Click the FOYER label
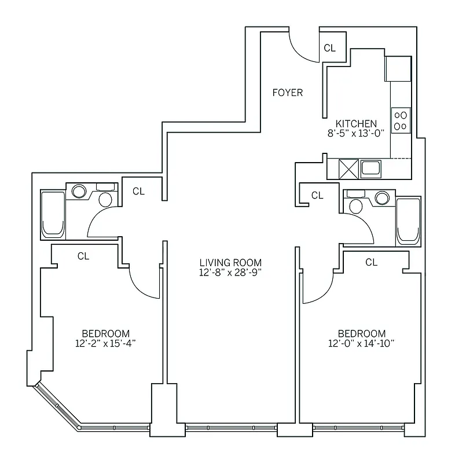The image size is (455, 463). tap(288, 93)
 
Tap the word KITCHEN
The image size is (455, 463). tap(357, 123)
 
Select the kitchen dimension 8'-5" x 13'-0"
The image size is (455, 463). tap(357, 133)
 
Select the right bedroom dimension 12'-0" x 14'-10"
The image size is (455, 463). tap(361, 343)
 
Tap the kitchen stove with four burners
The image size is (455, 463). tap(400, 120)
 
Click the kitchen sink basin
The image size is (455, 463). tap(370, 168)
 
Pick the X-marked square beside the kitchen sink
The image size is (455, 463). tap(348, 169)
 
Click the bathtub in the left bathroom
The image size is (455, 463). tap(53, 214)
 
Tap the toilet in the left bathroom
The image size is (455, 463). tap(105, 199)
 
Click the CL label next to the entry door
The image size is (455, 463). tap(329, 48)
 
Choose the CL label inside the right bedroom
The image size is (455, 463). tap(371, 262)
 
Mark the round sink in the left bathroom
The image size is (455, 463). tap(78, 190)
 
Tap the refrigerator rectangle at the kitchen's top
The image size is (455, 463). tap(398, 68)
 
